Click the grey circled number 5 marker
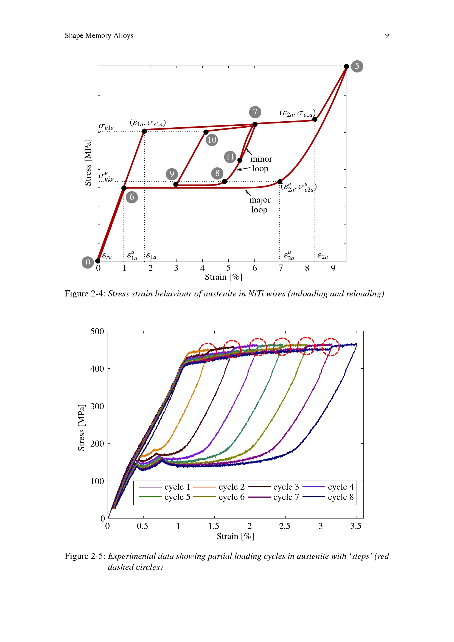coord(357,66)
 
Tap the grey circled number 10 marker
coord(212,140)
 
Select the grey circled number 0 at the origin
coord(88,262)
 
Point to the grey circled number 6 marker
coord(132,197)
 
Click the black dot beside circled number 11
coord(240,160)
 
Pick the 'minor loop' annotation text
coord(261,164)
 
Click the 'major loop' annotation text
coord(260,205)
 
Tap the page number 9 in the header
coord(387,35)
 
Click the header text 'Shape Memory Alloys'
coord(99,35)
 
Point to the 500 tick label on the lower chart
coord(97,331)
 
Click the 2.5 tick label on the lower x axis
coord(285,526)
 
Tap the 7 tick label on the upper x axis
coord(281,268)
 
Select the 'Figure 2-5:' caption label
coord(85,556)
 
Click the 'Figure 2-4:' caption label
coord(85,294)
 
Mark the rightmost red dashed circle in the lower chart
coord(331,347)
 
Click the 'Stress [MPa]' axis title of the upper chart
coord(88,162)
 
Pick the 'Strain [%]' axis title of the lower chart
coord(236,536)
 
